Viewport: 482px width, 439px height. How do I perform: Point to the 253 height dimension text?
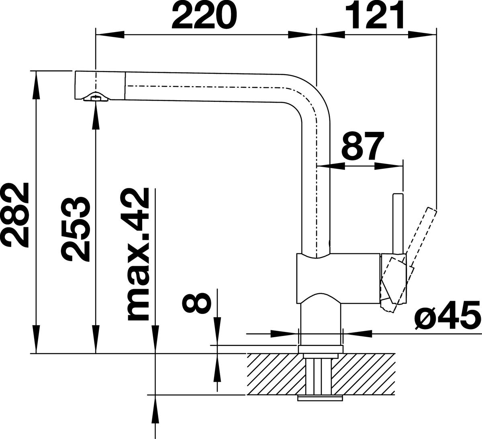(76, 230)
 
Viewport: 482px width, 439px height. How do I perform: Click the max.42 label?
(139, 254)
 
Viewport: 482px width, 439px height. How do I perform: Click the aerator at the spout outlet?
(96, 97)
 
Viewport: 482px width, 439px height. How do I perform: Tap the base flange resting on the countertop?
(321, 349)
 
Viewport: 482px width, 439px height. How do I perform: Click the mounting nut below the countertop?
(320, 399)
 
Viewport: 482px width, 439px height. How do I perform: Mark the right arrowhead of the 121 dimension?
(422, 34)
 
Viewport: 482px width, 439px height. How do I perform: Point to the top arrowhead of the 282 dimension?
(36, 85)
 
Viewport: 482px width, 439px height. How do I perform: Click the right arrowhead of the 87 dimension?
(388, 166)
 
